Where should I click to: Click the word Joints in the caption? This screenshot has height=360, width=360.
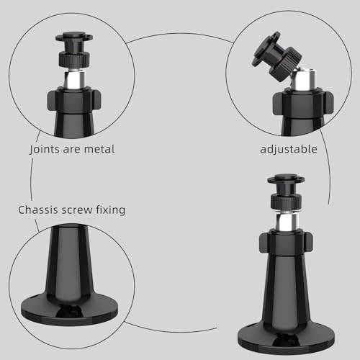[x=46, y=150]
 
